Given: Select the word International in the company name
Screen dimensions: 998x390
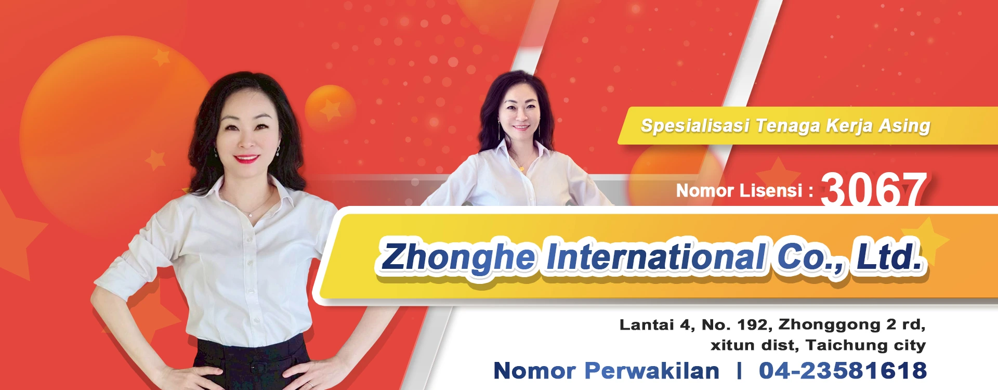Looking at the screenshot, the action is (x=656, y=256).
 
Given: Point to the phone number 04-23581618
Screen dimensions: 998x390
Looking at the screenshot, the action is (x=843, y=371).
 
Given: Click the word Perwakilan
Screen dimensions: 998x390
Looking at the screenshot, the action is (x=652, y=371).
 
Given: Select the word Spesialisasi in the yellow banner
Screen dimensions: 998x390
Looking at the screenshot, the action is (x=695, y=126).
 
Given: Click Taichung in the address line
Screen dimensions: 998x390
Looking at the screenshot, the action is (x=847, y=345).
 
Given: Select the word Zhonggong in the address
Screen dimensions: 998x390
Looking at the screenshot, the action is (x=830, y=325).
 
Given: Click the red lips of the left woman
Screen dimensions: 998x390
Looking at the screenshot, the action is (x=246, y=159).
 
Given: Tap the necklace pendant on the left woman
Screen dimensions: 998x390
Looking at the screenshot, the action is (x=251, y=214).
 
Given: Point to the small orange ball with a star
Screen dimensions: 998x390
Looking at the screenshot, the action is (x=330, y=109).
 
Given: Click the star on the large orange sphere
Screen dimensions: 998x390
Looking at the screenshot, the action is (x=161, y=57).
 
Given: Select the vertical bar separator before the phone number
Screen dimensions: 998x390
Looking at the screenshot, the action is (x=739, y=371).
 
